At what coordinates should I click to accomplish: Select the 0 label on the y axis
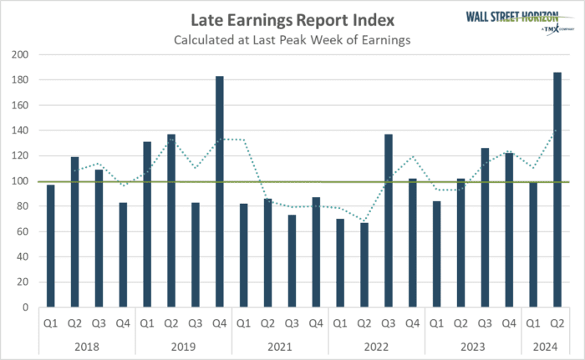[x=24, y=307]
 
